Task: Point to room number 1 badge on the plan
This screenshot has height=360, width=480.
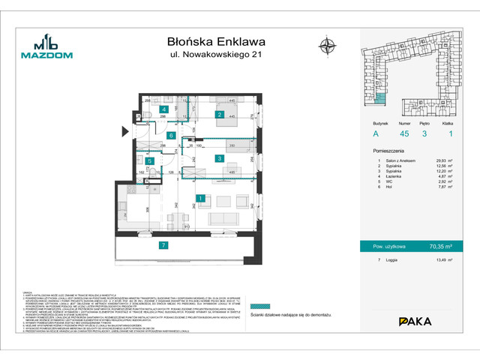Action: point(201,199)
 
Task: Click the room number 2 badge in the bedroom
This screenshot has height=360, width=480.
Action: point(219,115)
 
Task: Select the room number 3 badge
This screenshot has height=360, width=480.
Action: point(217,158)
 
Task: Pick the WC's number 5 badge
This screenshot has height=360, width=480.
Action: point(150,160)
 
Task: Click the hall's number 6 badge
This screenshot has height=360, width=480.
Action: point(172,136)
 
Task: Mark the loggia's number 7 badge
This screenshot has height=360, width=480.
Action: point(163,245)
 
